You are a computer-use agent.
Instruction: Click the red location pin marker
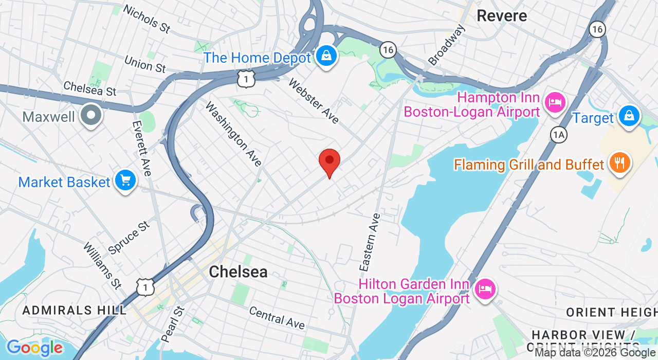pos(330,161)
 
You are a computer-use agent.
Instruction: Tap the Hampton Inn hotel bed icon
pos(554,101)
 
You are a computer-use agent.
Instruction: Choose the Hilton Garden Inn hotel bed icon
pos(484,288)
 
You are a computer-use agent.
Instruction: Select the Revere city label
pos(502,15)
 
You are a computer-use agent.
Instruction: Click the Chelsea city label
pos(238,272)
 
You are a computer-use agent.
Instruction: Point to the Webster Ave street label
pos(314,101)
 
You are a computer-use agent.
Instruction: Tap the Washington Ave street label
pos(234,134)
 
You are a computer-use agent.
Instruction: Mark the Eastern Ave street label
pos(370,242)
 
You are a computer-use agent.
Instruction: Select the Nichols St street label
pos(147,19)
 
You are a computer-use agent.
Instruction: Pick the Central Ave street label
pos(277,317)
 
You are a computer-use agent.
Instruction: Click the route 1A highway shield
pos(558,135)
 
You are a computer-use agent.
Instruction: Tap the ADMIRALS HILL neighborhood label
pos(75,310)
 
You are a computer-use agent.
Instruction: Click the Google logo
pos(34,348)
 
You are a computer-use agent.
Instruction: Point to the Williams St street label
pos(102,265)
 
